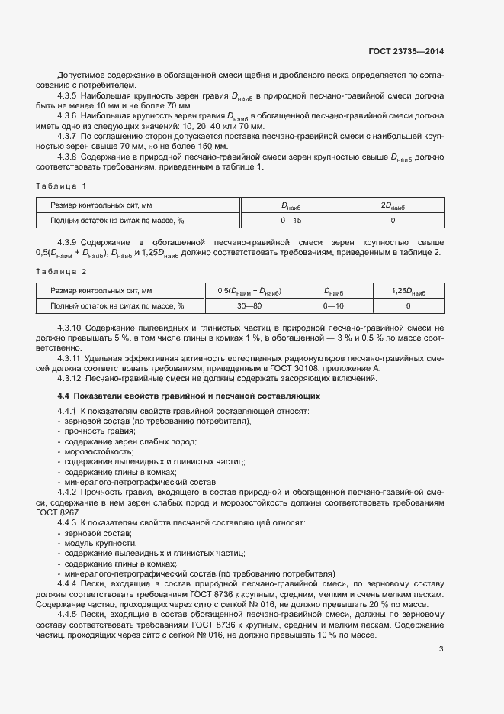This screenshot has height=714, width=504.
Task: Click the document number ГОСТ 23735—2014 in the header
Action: click(406, 52)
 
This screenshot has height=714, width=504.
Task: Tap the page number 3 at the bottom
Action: click(441, 649)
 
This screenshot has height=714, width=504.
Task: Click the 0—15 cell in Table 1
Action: click(291, 221)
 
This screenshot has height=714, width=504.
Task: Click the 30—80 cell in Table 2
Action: click(249, 305)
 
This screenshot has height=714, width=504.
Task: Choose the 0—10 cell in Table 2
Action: click(333, 305)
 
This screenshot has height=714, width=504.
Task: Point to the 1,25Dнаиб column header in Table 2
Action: click(408, 291)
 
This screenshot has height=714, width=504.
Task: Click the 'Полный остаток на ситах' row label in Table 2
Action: click(117, 305)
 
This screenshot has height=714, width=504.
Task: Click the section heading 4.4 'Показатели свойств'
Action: click(190, 396)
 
